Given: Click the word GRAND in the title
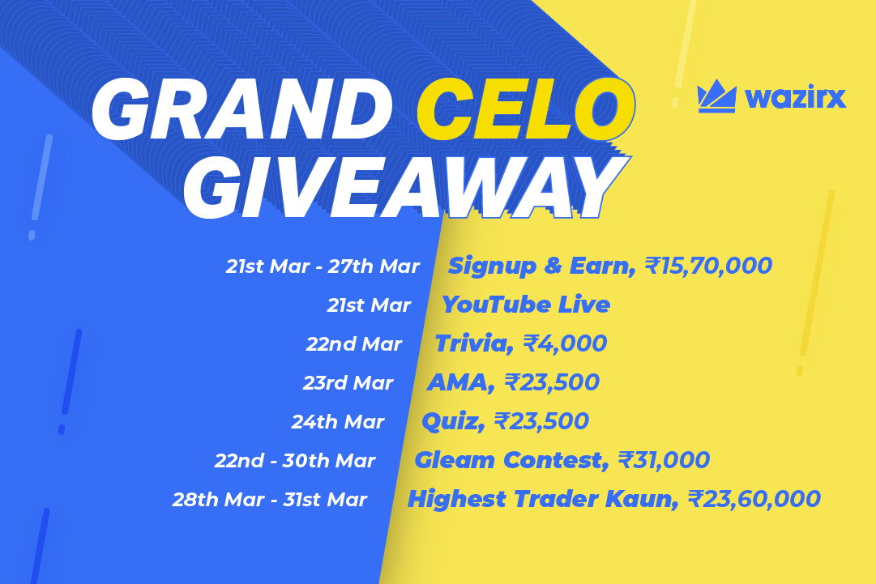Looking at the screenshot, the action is (x=241, y=109).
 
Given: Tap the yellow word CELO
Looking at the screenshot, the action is (x=526, y=109).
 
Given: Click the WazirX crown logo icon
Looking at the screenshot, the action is (x=716, y=96).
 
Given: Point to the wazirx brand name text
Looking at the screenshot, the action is (x=796, y=97).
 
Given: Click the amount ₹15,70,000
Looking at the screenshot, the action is (x=708, y=266).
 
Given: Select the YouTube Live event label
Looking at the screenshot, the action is (x=526, y=305).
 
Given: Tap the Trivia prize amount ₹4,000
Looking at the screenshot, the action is (x=565, y=343).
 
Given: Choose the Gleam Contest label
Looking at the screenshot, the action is (x=508, y=461).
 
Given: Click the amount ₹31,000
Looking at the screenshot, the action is (x=664, y=460).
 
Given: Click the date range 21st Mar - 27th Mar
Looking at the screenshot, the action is (x=323, y=266).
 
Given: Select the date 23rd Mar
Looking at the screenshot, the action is (x=348, y=383).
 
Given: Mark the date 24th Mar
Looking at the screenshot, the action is (x=337, y=422).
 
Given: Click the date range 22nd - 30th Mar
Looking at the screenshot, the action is (x=294, y=461).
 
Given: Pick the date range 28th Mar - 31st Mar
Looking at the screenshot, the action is (x=269, y=500).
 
